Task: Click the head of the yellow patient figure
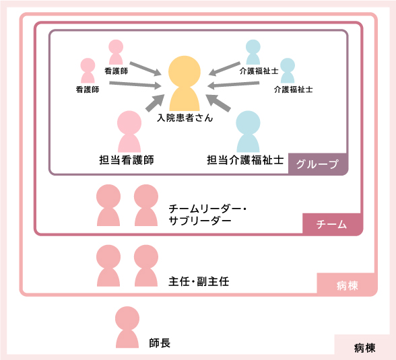click(185, 71)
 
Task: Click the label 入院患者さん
click(185, 118)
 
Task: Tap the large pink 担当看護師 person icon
click(129, 131)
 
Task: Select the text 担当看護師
click(127, 160)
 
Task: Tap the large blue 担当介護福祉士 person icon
click(248, 131)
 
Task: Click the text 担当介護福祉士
click(245, 160)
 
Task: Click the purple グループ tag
click(318, 164)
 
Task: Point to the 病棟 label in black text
click(364, 348)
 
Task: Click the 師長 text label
click(160, 343)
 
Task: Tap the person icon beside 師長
click(127, 327)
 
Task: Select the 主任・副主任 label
click(199, 281)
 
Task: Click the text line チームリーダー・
click(207, 209)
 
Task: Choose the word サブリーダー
click(200, 221)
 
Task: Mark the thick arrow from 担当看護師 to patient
click(155, 103)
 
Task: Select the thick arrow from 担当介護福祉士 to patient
click(218, 103)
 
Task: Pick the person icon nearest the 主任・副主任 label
click(146, 266)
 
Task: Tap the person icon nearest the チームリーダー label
click(146, 205)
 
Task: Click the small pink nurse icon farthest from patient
click(88, 71)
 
